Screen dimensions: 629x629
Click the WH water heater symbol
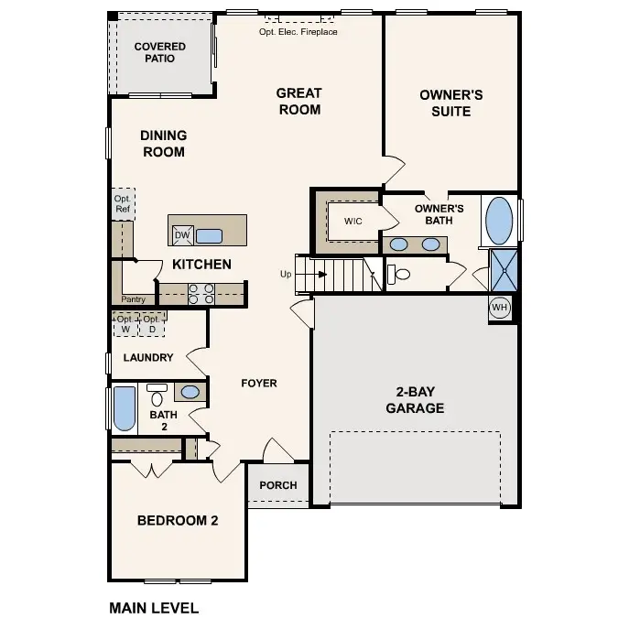[499, 308]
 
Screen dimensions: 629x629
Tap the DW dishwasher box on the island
[182, 236]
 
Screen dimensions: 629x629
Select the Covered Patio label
[159, 52]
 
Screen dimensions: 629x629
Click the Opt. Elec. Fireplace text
[298, 32]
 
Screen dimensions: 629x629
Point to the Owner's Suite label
[450, 103]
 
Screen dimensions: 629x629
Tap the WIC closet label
[353, 222]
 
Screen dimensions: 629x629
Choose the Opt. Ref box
[123, 203]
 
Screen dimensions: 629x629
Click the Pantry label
[133, 299]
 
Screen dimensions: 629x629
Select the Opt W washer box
[125, 324]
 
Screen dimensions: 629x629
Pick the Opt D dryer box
[152, 324]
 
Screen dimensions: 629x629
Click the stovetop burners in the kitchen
[201, 293]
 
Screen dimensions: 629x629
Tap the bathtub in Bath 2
[124, 408]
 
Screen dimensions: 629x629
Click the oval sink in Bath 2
[189, 392]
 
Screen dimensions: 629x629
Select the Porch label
[278, 485]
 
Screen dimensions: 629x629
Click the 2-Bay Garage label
[415, 399]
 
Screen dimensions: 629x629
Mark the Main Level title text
[154, 607]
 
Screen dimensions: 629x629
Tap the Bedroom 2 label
[178, 521]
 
